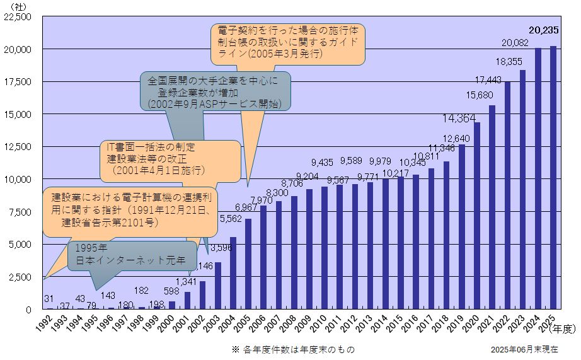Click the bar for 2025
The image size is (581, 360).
553,177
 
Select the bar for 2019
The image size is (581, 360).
462,227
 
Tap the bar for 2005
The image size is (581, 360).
248,264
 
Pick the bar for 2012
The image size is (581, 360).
355,247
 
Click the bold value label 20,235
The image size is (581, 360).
544,29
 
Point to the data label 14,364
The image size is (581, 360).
459,118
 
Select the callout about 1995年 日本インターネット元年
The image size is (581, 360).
130,253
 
